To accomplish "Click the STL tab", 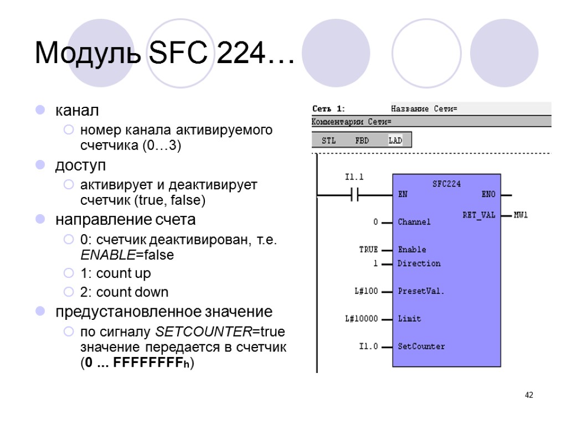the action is point(329,141).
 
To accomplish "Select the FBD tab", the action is point(362,141).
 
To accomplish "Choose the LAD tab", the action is point(395,141).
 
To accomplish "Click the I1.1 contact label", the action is point(354,178).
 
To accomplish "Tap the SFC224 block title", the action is point(446,184).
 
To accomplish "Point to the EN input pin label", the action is point(403,195).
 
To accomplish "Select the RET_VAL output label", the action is point(479,215).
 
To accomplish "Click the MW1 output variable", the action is point(521,215).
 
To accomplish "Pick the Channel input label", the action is point(414,222).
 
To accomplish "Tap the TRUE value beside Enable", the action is point(368,250).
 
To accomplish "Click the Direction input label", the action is point(419,263).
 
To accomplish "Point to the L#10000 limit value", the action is point(361,318).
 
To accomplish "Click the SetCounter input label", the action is point(421,346).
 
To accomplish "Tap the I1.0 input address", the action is point(368,346).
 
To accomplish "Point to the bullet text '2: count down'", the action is point(125,292).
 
